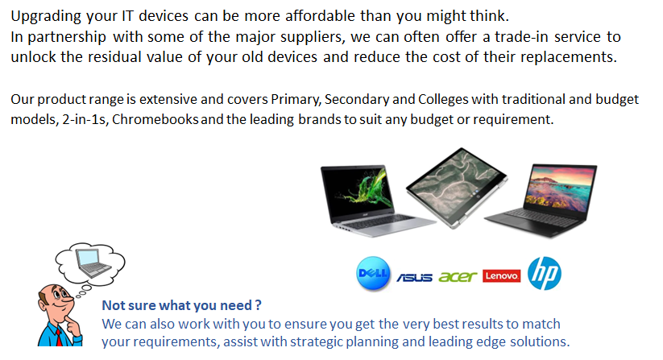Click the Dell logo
coord(373,274)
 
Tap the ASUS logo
coord(414,277)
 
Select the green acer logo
coord(458,276)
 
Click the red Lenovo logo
coord(501,276)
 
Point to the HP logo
coord(545,273)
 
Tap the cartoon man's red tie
coord(58,337)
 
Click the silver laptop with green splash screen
coord(375,200)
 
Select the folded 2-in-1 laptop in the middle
coord(457,187)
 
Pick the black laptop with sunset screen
coord(542,200)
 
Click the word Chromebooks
coord(155,119)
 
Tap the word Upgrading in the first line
coord(46,17)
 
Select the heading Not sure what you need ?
coord(182,305)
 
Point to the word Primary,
coord(296,100)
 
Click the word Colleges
coord(443,100)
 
